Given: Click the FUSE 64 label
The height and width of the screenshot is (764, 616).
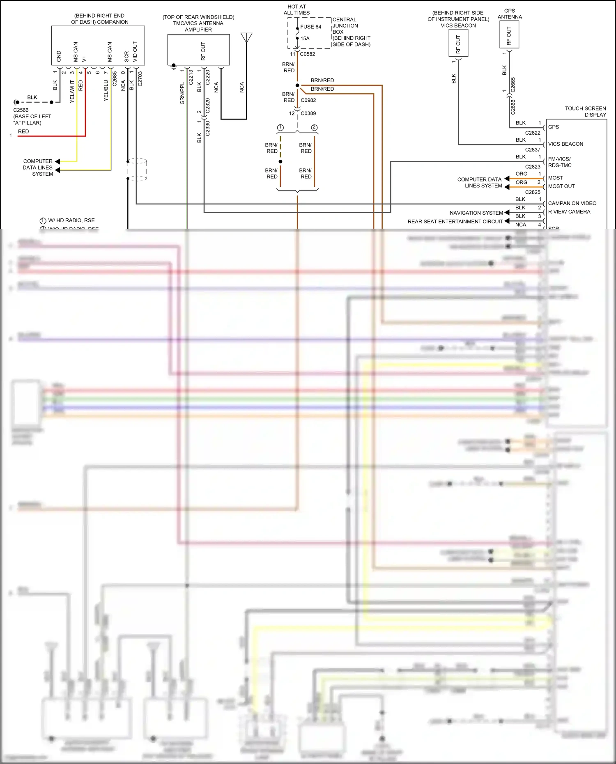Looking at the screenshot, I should point(310,27).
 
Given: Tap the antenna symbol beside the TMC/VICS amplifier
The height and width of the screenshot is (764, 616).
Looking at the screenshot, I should point(246,38).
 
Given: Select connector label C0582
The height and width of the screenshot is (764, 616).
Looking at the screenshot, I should point(308,54).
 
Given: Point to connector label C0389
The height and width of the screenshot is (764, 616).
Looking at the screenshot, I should point(308,113).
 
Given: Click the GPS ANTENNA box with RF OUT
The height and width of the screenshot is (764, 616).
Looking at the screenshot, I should point(509,35).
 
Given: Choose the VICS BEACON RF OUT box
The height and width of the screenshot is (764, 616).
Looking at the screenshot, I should point(458,44).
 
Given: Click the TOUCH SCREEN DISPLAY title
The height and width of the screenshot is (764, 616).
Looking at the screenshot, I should point(586,111).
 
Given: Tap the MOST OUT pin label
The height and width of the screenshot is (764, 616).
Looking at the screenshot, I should point(561,186).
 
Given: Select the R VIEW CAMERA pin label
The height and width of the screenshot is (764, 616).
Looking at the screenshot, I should point(569,212).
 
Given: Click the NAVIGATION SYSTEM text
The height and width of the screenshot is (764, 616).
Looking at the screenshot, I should point(476,213).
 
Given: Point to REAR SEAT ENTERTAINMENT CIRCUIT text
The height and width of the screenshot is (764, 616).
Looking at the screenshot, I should point(455,221).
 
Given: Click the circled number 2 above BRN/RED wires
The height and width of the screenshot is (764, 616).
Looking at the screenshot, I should point(314,128).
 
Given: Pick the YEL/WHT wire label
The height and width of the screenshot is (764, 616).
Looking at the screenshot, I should point(72,91).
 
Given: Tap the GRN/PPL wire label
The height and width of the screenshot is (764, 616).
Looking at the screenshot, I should point(182,93).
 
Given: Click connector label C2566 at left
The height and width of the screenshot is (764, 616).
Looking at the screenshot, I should point(21,110).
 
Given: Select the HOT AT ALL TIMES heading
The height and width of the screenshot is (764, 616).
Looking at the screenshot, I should point(297,10).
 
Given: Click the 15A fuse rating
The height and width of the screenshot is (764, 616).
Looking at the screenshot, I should point(305,39).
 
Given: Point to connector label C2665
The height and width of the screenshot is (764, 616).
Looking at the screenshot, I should point(513,85).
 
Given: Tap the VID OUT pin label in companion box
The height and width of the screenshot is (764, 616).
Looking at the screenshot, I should point(135,51).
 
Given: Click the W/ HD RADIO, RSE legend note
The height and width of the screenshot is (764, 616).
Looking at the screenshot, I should point(71,220).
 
